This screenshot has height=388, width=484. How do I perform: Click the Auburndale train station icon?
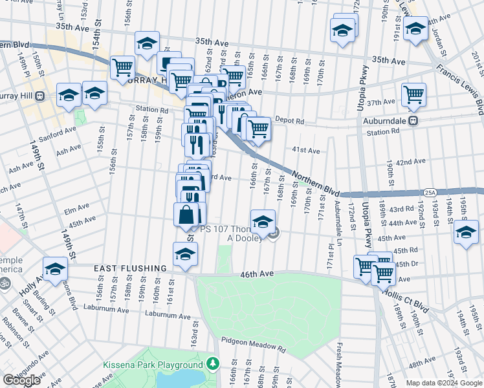click(412, 120)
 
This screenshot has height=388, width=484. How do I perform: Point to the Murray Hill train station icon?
click(40, 96)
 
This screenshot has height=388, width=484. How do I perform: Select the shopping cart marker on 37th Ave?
click(413, 94)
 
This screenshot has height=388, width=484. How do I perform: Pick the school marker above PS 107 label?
click(263, 222)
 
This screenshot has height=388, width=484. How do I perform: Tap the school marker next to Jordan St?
click(415, 28)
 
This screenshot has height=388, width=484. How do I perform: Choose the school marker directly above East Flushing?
click(185, 254)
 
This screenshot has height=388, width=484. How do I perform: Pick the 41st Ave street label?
click(305, 151)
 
